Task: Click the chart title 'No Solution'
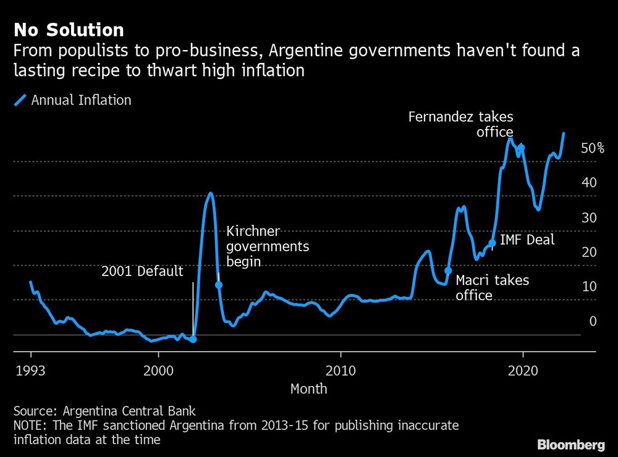(x=69, y=30)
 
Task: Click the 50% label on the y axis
(x=592, y=148)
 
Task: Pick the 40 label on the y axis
(x=588, y=183)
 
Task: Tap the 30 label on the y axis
(x=588, y=217)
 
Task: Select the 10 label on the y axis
(x=588, y=287)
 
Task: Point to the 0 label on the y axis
(x=593, y=321)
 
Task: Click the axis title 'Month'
(x=308, y=389)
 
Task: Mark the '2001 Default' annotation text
(x=142, y=271)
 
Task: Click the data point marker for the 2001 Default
(x=193, y=339)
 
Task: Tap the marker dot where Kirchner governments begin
(x=218, y=285)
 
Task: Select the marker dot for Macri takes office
(x=448, y=270)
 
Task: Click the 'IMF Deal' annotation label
(x=527, y=240)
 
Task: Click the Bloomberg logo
(x=571, y=444)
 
